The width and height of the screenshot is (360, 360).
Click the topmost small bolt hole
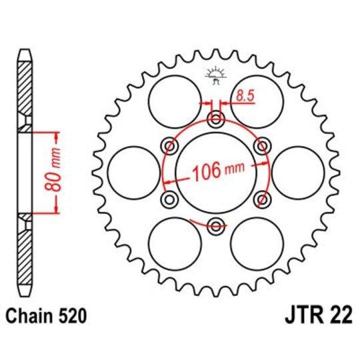(215, 120)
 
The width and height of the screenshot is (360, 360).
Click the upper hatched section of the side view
(24, 87)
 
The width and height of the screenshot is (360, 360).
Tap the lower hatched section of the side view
(24, 257)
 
